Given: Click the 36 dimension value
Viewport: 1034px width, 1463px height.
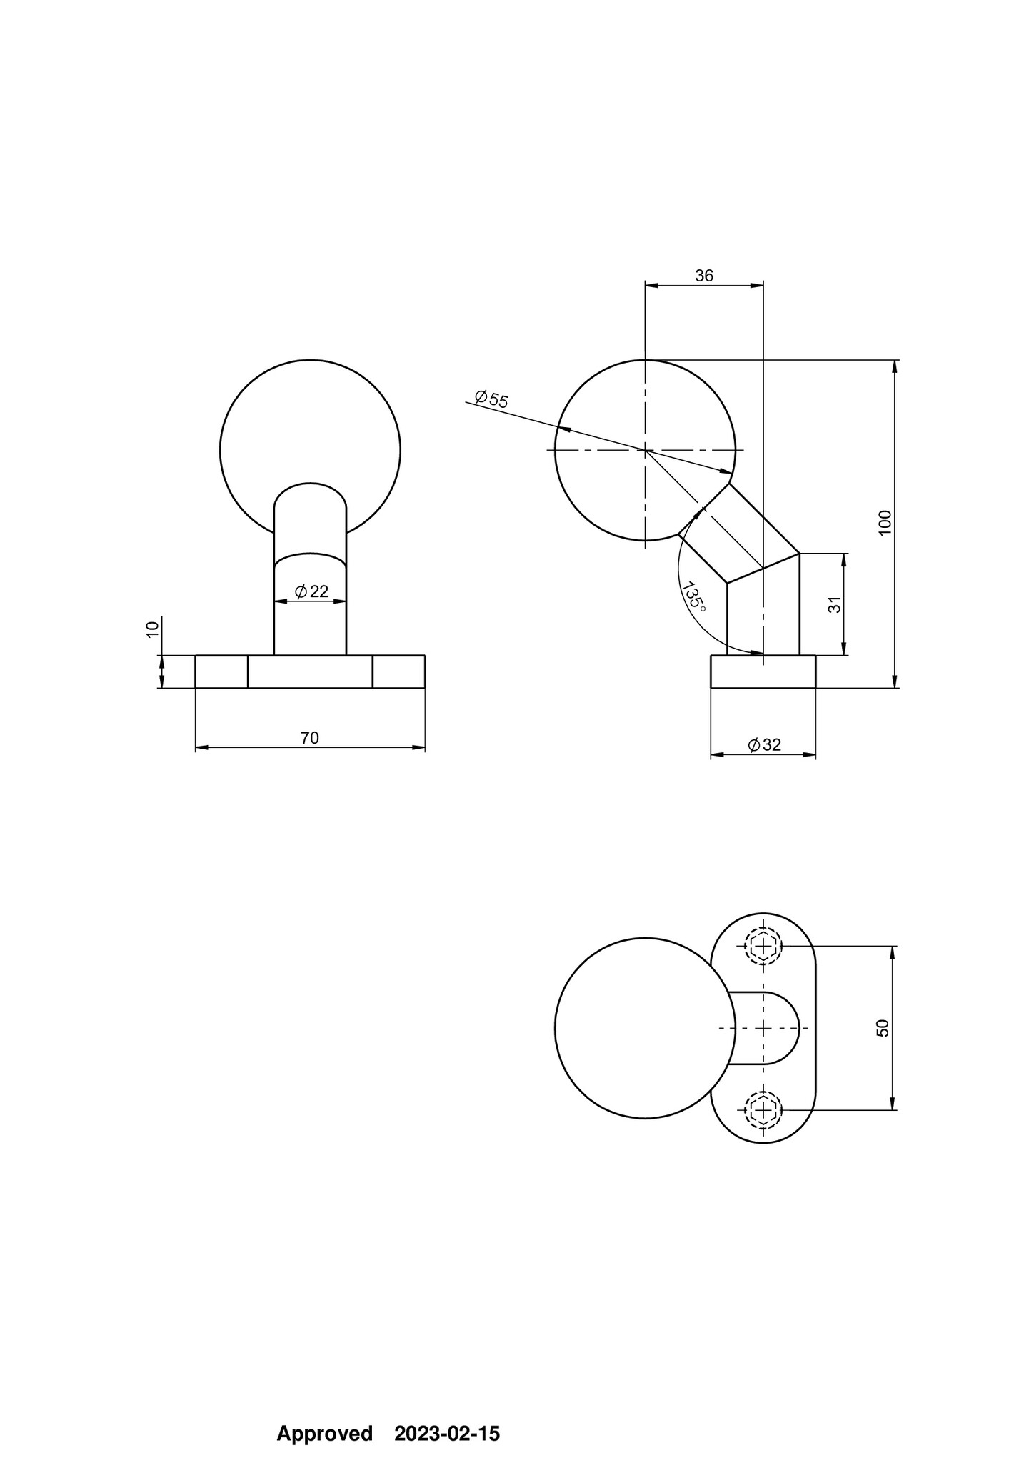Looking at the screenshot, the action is pos(704,276).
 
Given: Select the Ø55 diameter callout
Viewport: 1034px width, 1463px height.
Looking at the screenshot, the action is pos(491,399).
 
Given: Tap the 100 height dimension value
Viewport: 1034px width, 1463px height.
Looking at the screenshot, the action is pos(885,523).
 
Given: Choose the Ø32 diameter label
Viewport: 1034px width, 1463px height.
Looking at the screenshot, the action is pos(765,745).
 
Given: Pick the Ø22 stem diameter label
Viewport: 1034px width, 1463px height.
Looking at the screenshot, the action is pos(311,591).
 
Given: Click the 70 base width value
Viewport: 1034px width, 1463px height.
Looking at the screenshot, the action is pos(310,738).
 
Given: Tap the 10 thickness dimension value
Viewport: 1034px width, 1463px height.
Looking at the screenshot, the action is pos(152,629).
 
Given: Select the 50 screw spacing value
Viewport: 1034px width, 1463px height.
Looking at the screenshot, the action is pos(883,1028).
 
